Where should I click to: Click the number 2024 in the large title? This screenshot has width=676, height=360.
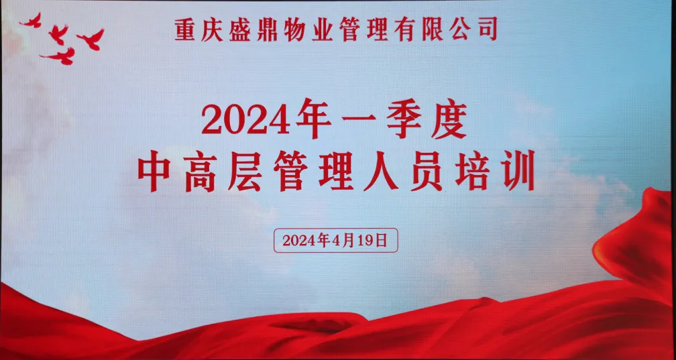[245, 119]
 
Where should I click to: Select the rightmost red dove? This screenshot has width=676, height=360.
[91, 40]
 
